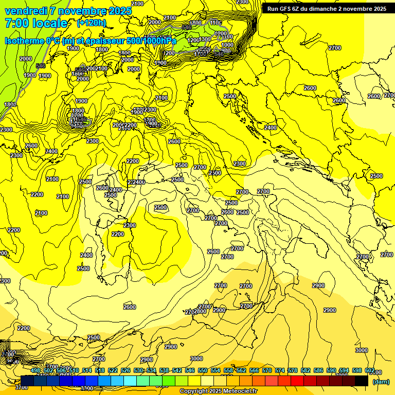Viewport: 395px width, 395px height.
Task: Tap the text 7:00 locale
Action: click(35, 23)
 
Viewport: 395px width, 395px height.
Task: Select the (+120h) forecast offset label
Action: click(91, 23)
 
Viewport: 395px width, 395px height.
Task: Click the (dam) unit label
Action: click(381, 381)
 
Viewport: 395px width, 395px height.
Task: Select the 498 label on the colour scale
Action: click(35, 370)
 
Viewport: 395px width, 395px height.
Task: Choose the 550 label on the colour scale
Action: click(203, 370)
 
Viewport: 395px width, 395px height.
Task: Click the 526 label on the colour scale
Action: click(125, 370)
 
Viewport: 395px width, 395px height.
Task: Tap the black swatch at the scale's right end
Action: click(362, 381)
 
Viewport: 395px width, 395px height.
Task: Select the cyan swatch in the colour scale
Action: click(130, 381)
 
